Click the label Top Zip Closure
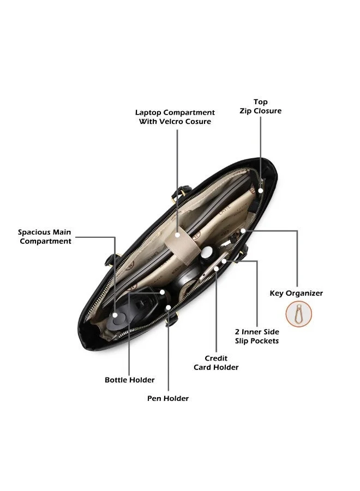pyautogui.click(x=260, y=106)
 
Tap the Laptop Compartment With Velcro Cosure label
pyautogui.click(x=175, y=117)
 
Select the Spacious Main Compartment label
pyautogui.click(x=45, y=236)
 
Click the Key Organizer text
pyautogui.click(x=296, y=293)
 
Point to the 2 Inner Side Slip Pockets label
pyautogui.click(x=257, y=336)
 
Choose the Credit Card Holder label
pyautogui.click(x=216, y=363)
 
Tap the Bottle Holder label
pyautogui.click(x=130, y=380)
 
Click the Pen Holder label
pyautogui.click(x=168, y=398)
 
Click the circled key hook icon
pyautogui.click(x=299, y=314)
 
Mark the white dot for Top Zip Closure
pyautogui.click(x=260, y=190)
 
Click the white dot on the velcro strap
pyautogui.click(x=177, y=235)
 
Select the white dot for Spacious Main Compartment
pyautogui.click(x=115, y=315)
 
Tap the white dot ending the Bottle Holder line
pyautogui.click(x=162, y=292)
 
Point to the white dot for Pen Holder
pyautogui.click(x=169, y=308)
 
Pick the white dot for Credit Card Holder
pyautogui.click(x=217, y=268)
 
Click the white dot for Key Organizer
pyautogui.click(x=243, y=231)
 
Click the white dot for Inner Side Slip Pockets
pyautogui.click(x=224, y=261)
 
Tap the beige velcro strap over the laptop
pyautogui.click(x=183, y=244)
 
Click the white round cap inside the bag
pyautogui.click(x=207, y=253)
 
